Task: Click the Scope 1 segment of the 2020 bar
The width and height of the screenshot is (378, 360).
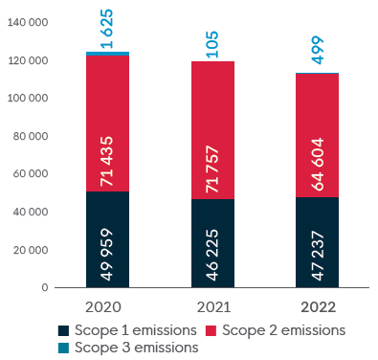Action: click(x=107, y=239)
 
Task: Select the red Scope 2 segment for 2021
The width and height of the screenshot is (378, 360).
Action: click(x=212, y=130)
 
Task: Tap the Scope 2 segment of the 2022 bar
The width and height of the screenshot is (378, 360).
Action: click(x=317, y=135)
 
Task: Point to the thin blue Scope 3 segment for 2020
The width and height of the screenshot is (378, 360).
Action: click(x=107, y=54)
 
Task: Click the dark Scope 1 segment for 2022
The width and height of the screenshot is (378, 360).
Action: click(x=317, y=242)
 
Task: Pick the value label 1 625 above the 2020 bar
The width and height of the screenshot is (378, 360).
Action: click(x=107, y=29)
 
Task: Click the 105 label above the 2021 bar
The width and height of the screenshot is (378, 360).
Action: click(x=212, y=44)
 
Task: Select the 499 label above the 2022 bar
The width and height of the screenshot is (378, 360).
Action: click(x=318, y=51)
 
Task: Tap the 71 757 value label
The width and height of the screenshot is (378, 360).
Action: click(x=212, y=169)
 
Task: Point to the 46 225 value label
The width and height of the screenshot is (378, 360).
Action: click(x=212, y=255)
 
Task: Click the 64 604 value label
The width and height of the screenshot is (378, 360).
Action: click(x=318, y=165)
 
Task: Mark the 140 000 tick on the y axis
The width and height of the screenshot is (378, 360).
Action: click(x=28, y=22)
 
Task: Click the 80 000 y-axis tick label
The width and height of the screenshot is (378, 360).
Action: click(x=31, y=136)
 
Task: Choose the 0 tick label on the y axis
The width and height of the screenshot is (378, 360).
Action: click(x=45, y=287)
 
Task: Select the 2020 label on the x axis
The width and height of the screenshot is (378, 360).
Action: click(x=103, y=307)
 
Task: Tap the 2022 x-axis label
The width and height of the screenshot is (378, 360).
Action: click(x=319, y=307)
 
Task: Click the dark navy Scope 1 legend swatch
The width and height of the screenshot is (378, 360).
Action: click(x=63, y=330)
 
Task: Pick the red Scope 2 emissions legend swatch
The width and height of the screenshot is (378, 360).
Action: click(x=211, y=330)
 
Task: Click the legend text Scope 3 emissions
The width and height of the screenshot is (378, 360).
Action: click(x=137, y=348)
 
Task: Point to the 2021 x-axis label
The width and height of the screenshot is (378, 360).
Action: click(x=213, y=307)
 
